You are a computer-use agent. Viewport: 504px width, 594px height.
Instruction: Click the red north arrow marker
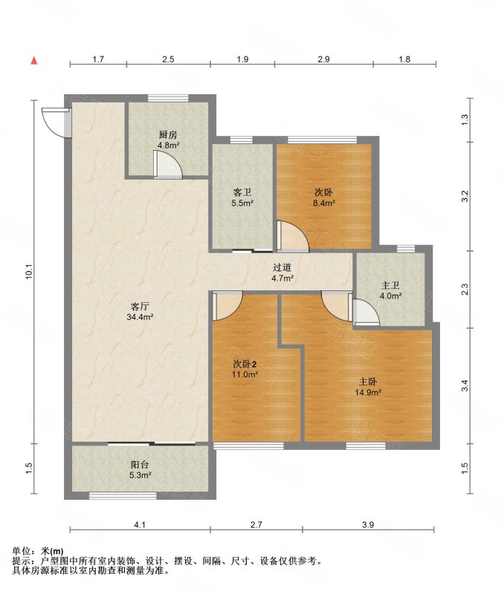click(34, 60)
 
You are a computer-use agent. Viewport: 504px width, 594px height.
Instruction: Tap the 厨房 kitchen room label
click(168, 135)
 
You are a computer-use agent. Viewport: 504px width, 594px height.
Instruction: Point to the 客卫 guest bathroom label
click(242, 193)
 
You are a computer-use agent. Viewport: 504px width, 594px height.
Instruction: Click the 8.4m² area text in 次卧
click(324, 203)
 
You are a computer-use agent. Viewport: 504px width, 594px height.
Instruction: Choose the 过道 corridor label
click(282, 267)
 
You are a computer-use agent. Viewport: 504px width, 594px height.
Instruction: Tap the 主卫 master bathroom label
click(390, 285)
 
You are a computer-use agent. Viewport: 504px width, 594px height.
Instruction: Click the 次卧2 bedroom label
click(245, 365)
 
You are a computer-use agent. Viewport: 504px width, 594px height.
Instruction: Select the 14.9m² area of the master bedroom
click(368, 393)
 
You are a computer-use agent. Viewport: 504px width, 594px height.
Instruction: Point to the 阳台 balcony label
click(140, 465)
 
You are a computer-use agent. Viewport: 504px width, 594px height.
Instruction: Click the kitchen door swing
click(168, 164)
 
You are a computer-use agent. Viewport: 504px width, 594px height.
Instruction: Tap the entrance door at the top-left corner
click(56, 123)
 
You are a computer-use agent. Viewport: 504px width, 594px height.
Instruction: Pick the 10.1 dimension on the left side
click(30, 272)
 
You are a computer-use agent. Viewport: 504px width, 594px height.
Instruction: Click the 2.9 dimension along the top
click(323, 59)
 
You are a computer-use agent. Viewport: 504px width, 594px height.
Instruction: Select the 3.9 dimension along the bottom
click(368, 525)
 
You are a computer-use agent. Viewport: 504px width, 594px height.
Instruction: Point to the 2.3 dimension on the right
click(465, 290)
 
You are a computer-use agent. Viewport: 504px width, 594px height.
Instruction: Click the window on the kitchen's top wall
click(168, 98)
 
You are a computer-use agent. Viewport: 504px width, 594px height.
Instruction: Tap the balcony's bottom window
click(123, 495)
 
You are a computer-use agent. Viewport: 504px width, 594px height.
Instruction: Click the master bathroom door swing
click(366, 311)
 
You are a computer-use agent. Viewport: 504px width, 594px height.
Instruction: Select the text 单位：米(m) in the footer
click(38, 551)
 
